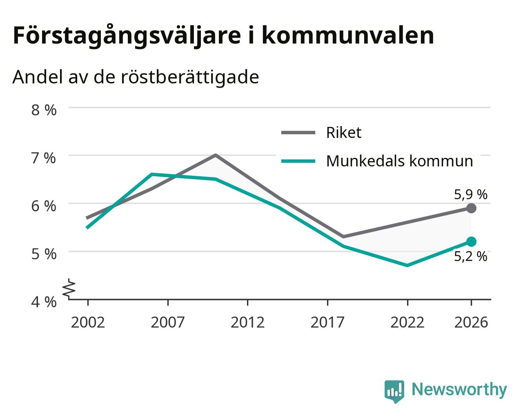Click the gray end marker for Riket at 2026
pyautogui.click(x=471, y=208)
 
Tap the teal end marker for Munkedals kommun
pyautogui.click(x=471, y=241)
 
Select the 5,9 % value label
pyautogui.click(x=470, y=195)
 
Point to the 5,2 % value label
pyautogui.click(x=470, y=256)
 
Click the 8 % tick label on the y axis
pyautogui.click(x=44, y=110)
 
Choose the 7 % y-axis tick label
pyautogui.click(x=44, y=158)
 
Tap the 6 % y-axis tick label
pyautogui.click(x=44, y=206)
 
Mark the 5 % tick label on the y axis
pyautogui.click(x=44, y=254)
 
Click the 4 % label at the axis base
pyautogui.click(x=44, y=302)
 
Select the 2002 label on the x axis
pyautogui.click(x=88, y=322)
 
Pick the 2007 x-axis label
pyautogui.click(x=168, y=322)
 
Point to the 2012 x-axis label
pyautogui.click(x=248, y=322)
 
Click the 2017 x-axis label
pyautogui.click(x=327, y=322)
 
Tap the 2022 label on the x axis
pyautogui.click(x=407, y=322)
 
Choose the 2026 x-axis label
pyautogui.click(x=471, y=322)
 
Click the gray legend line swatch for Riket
pyautogui.click(x=298, y=133)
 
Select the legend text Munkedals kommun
pyautogui.click(x=399, y=161)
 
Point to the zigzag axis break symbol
pyautogui.click(x=69, y=288)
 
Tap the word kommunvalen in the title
pyautogui.click(x=348, y=35)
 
